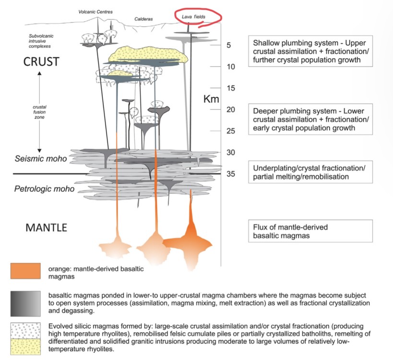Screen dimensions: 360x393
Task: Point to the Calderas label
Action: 143,20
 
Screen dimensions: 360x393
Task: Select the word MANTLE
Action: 46,227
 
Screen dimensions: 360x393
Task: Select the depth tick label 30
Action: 231,153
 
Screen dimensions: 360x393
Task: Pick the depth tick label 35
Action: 231,174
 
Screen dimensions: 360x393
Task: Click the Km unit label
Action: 211,100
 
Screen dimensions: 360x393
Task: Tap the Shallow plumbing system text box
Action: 310,51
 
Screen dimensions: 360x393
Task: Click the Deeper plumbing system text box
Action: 310,119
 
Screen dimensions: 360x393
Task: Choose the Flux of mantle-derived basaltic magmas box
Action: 310,231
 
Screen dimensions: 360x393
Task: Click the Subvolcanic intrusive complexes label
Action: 39,40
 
